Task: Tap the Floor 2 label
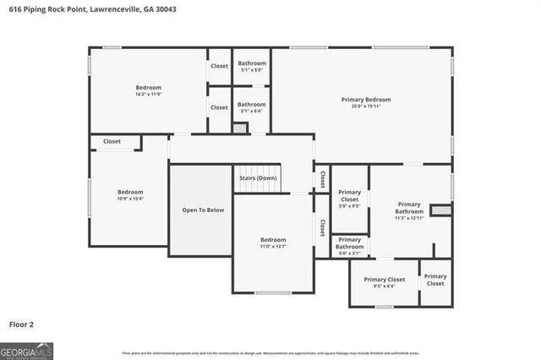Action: click(21, 324)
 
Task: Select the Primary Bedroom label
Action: click(365, 100)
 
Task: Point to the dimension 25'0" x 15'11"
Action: click(365, 106)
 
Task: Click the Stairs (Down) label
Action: click(257, 178)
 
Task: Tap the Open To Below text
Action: click(203, 210)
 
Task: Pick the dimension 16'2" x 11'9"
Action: click(148, 94)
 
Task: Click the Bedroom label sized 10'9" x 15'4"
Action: click(130, 192)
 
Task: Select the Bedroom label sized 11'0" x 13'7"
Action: click(272, 240)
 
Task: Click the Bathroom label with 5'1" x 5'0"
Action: click(251, 63)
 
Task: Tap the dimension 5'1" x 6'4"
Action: click(251, 111)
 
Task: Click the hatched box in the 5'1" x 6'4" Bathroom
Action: click(241, 128)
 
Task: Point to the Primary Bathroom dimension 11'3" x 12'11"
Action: click(408, 218)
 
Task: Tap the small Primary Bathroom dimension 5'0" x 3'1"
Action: click(349, 253)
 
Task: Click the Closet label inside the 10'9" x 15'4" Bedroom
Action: click(112, 141)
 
